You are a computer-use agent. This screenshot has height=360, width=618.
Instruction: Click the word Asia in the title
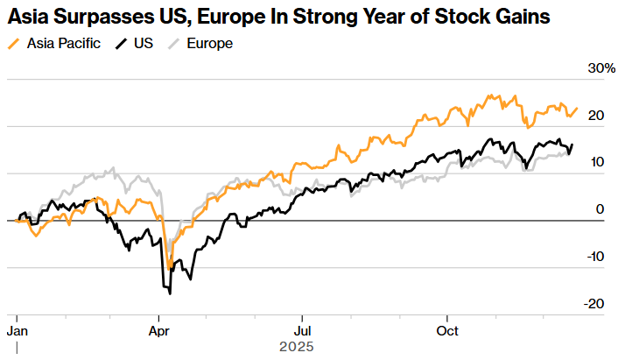coord(28,17)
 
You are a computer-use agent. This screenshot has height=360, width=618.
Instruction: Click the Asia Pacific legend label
coord(62,42)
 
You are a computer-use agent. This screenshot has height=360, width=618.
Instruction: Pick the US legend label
coord(144,42)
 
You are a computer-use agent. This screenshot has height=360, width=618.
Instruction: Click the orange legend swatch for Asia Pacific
coord(14,42)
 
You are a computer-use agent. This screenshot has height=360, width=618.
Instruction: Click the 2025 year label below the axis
coord(295,347)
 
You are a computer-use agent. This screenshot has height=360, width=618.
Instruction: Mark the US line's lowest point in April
coord(169,293)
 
